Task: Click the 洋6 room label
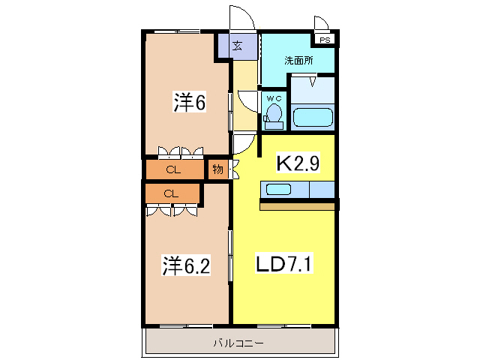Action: (189, 103)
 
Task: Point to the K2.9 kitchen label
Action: (296, 162)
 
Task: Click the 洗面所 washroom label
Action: (297, 61)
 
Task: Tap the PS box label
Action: (325, 40)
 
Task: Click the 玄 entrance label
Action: (237, 46)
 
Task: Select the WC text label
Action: (272, 97)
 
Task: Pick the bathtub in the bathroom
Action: (312, 117)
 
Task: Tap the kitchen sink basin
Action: (277, 189)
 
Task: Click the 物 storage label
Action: (217, 169)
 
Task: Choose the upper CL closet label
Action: (173, 169)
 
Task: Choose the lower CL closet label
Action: (171, 193)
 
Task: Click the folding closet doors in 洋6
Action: (181, 151)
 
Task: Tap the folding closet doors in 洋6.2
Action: (172, 211)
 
